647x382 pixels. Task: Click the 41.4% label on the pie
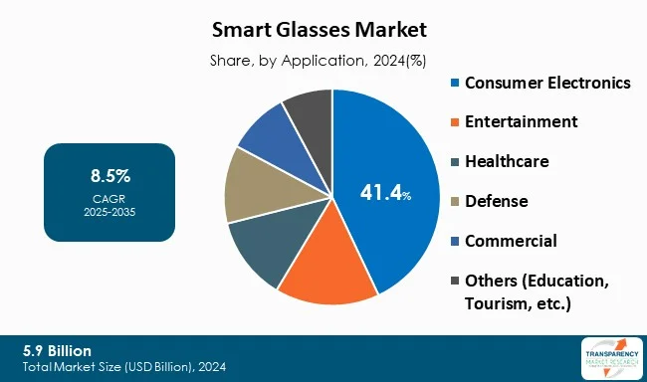384,193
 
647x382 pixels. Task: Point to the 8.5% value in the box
109,178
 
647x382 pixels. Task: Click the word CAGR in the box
109,198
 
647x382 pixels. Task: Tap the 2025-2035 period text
109,211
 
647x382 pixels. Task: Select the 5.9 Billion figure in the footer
57,350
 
